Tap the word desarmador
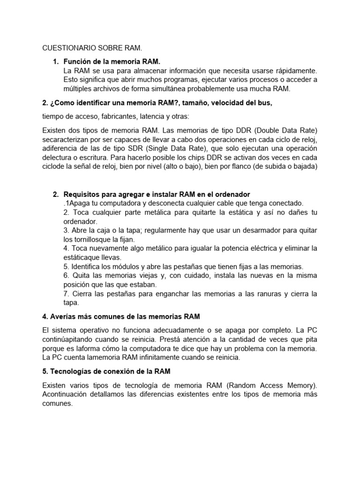click(257, 230)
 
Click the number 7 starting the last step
click(65, 293)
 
